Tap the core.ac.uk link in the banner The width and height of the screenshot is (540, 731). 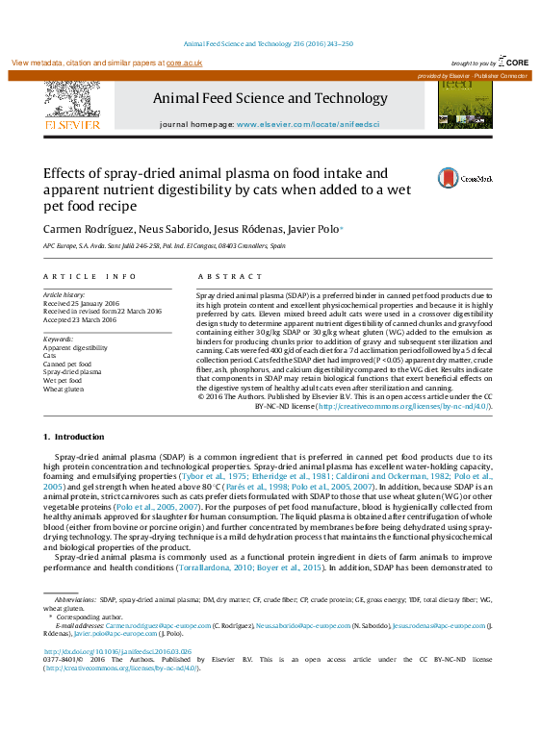pyautogui.click(x=184, y=63)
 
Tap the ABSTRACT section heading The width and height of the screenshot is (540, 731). pyautogui.click(x=217, y=276)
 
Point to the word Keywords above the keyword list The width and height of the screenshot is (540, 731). pyautogui.click(x=60, y=340)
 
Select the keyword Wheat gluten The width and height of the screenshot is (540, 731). pyautogui.click(x=64, y=390)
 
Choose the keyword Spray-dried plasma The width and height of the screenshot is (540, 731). pyautogui.click(x=73, y=372)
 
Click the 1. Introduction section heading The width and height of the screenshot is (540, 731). pyautogui.click(x=74, y=438)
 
